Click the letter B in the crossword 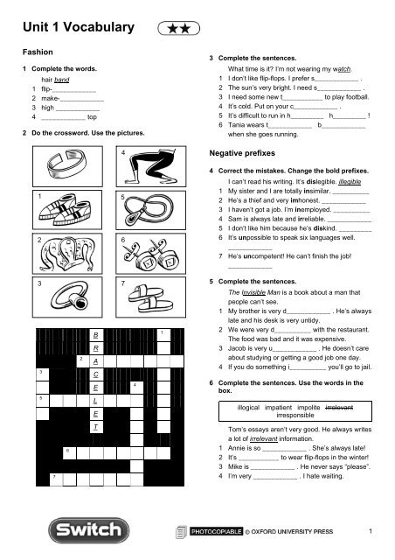[94, 335]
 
